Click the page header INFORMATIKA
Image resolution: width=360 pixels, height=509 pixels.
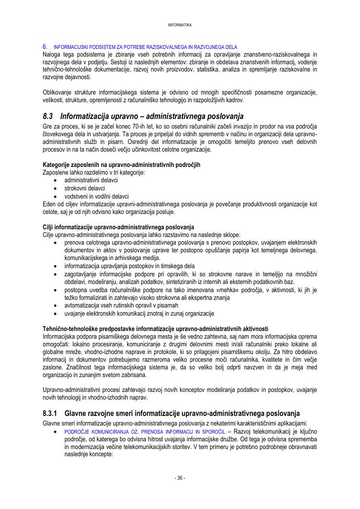click(180, 25)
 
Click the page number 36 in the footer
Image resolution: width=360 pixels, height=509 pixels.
click(180, 478)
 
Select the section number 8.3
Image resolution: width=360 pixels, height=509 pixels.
click(48, 116)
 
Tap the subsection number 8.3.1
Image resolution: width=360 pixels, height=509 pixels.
click(50, 413)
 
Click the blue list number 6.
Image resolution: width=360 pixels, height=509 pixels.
click(45, 47)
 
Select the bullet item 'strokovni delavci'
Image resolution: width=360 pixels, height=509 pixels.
click(84, 189)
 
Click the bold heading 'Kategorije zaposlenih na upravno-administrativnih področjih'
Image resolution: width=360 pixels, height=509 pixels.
click(121, 165)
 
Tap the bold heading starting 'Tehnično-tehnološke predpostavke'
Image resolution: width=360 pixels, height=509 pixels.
click(155, 329)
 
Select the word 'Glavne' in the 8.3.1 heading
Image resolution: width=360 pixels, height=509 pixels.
click(78, 413)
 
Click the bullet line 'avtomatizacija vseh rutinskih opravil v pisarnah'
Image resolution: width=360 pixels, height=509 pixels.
click(121, 306)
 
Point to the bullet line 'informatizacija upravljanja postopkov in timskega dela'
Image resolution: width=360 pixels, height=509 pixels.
click(130, 266)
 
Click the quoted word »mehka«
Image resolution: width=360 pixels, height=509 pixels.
click(246, 290)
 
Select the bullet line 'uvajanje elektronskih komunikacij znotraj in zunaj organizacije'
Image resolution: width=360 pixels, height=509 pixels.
click(139, 313)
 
